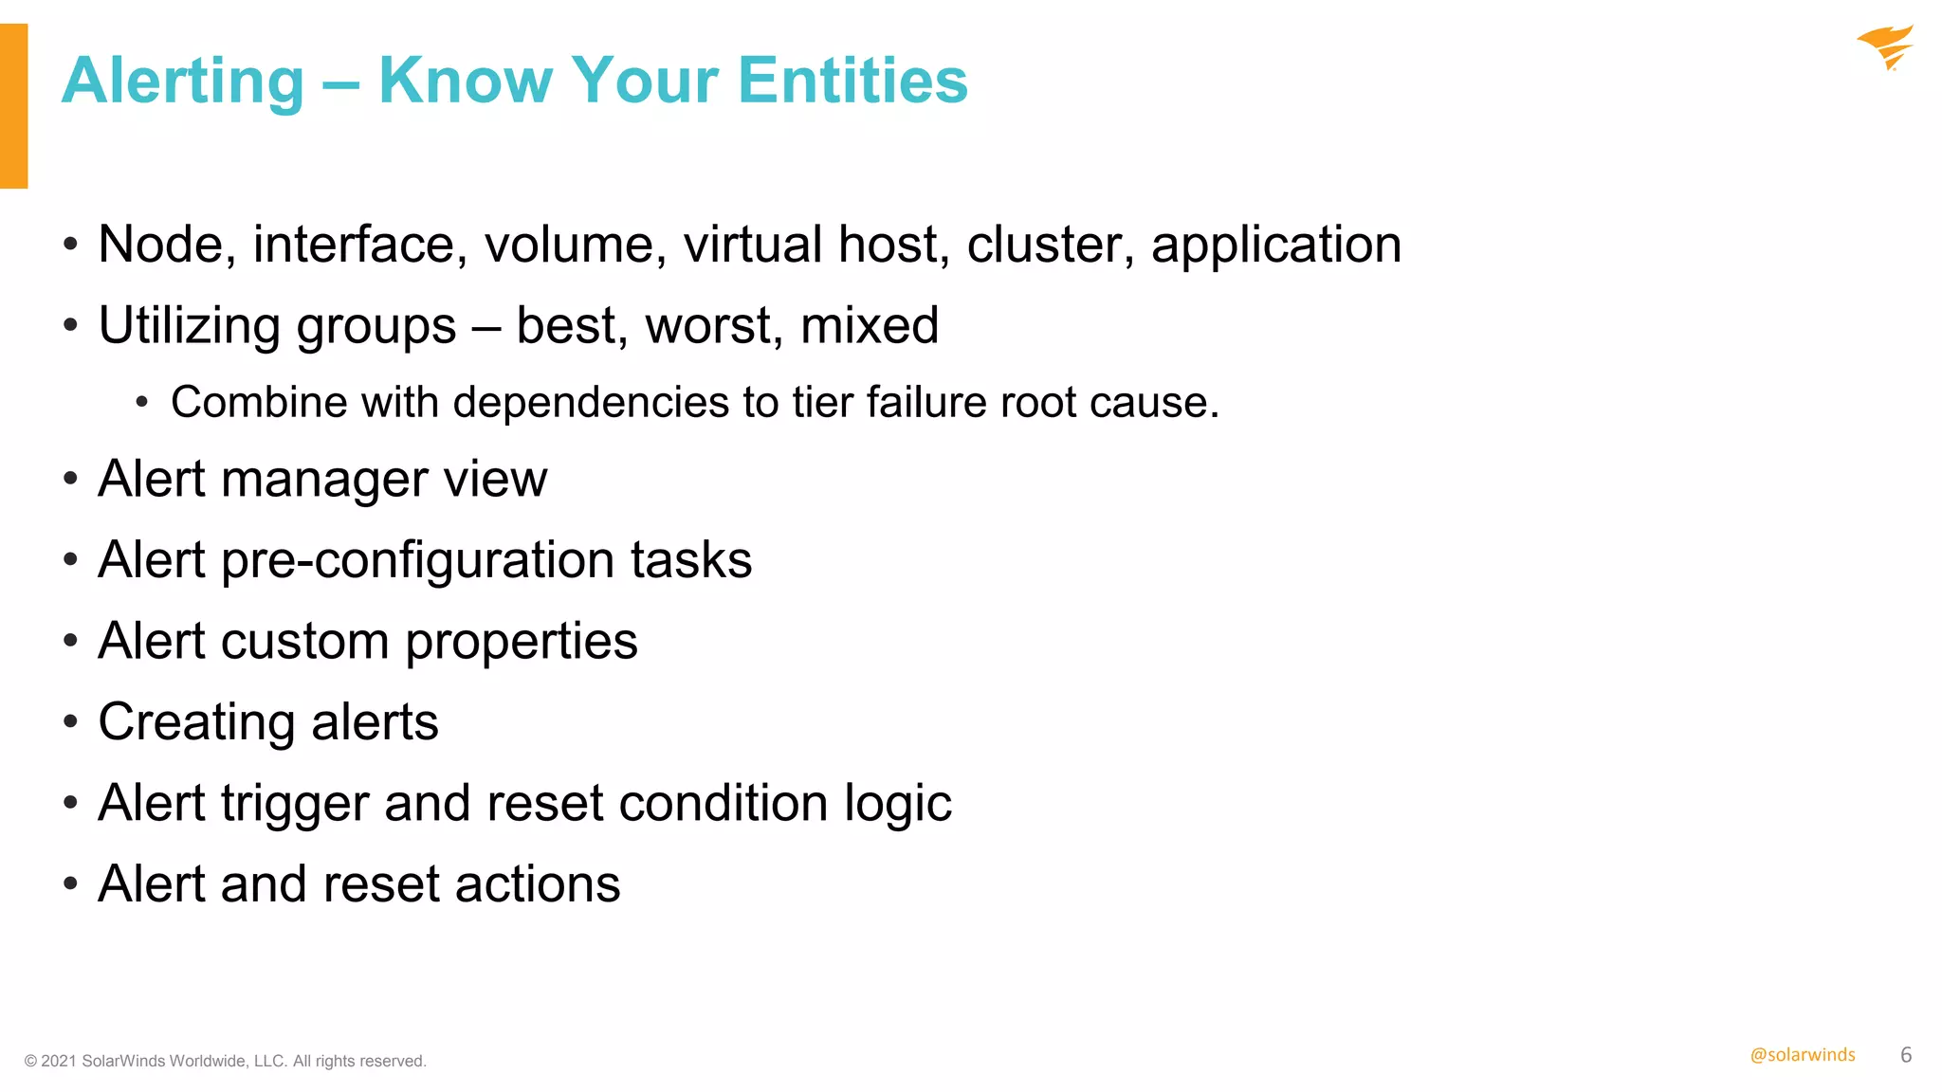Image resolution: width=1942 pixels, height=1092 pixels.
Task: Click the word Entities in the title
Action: (x=852, y=81)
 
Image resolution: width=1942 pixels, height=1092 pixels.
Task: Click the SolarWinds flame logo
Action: (x=1885, y=47)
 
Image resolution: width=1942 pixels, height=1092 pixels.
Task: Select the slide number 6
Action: (x=1906, y=1055)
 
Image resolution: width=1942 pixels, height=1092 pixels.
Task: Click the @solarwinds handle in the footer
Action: (x=1803, y=1055)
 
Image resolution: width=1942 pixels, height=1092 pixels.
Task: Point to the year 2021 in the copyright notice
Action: (x=58, y=1062)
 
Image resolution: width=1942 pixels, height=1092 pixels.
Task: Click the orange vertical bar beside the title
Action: (x=13, y=105)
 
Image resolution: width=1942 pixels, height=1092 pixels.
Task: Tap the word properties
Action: (x=522, y=643)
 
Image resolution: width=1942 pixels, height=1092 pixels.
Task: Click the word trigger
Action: (x=295, y=805)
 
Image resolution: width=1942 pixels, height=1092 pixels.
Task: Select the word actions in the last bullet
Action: (x=538, y=884)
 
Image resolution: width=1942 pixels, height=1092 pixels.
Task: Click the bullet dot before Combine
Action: (x=142, y=403)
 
